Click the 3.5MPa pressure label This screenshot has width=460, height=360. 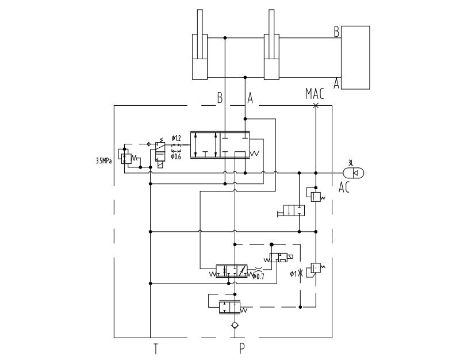103,161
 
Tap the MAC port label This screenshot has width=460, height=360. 315,94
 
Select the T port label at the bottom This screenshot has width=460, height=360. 156,349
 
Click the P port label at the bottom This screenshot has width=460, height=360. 241,348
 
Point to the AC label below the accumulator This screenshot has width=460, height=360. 344,187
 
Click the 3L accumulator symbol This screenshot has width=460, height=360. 354,173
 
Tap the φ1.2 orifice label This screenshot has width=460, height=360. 177,138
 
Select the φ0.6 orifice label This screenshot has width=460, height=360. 176,156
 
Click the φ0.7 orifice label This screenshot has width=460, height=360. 258,276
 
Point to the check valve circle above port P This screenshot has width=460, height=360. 235,325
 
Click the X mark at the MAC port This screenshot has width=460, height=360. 316,106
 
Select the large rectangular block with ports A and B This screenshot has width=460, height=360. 355,58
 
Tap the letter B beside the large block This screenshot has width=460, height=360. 337,32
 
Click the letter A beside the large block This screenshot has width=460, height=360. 336,83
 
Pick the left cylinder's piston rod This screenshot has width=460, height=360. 200,35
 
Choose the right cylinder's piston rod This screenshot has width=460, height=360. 271,35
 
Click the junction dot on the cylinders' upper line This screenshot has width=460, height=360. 225,38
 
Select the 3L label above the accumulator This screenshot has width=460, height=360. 351,163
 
